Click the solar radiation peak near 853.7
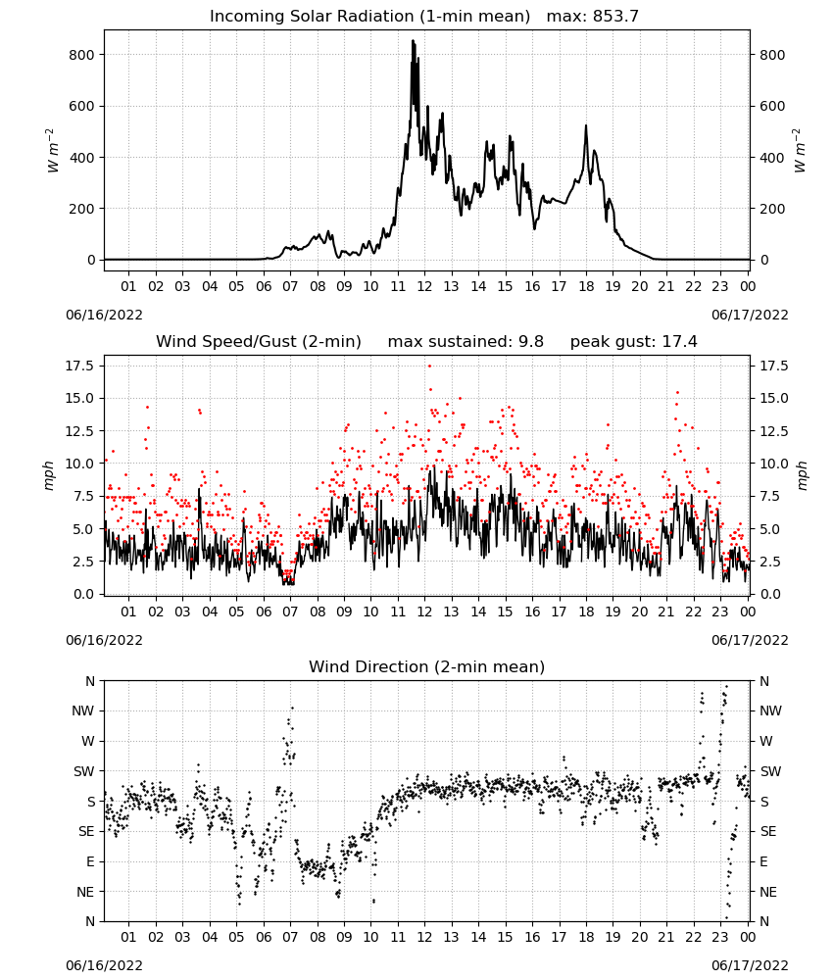(x=413, y=40)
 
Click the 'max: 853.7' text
(x=593, y=16)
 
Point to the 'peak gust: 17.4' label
(x=634, y=341)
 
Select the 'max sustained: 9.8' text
(x=465, y=341)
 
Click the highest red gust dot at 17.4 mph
(x=429, y=367)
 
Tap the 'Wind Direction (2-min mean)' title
(x=427, y=666)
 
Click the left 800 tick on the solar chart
(x=82, y=55)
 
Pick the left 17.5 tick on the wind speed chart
(x=80, y=366)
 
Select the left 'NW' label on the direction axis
(x=82, y=710)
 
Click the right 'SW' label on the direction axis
(x=770, y=771)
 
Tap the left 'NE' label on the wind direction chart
(x=85, y=892)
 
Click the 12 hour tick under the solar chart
(x=425, y=286)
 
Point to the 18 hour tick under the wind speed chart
(x=586, y=612)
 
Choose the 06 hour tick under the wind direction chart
(x=264, y=937)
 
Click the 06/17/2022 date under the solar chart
(x=750, y=315)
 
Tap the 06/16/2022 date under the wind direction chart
(x=104, y=965)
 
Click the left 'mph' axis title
(x=49, y=475)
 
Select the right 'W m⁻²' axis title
(x=800, y=151)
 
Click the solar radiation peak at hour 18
(x=586, y=125)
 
